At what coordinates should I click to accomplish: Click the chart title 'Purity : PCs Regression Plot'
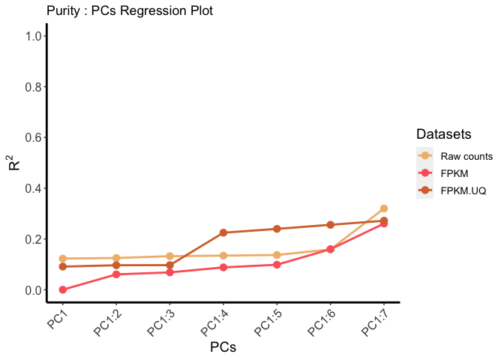129,11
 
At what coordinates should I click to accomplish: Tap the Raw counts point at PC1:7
383,208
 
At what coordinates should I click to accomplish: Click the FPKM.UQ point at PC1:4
223,232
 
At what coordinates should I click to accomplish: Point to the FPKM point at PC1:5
277,265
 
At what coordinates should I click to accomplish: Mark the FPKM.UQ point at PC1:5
277,229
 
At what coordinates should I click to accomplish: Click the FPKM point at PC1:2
116,274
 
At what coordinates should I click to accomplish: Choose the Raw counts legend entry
466,157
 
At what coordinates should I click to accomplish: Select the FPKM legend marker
425,173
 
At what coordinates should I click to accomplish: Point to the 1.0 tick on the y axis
32,36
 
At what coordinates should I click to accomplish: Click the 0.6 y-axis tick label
32,137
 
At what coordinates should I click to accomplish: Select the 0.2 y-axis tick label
32,239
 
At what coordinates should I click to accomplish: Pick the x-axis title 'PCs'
223,347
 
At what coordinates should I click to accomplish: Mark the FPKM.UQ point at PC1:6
330,225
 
